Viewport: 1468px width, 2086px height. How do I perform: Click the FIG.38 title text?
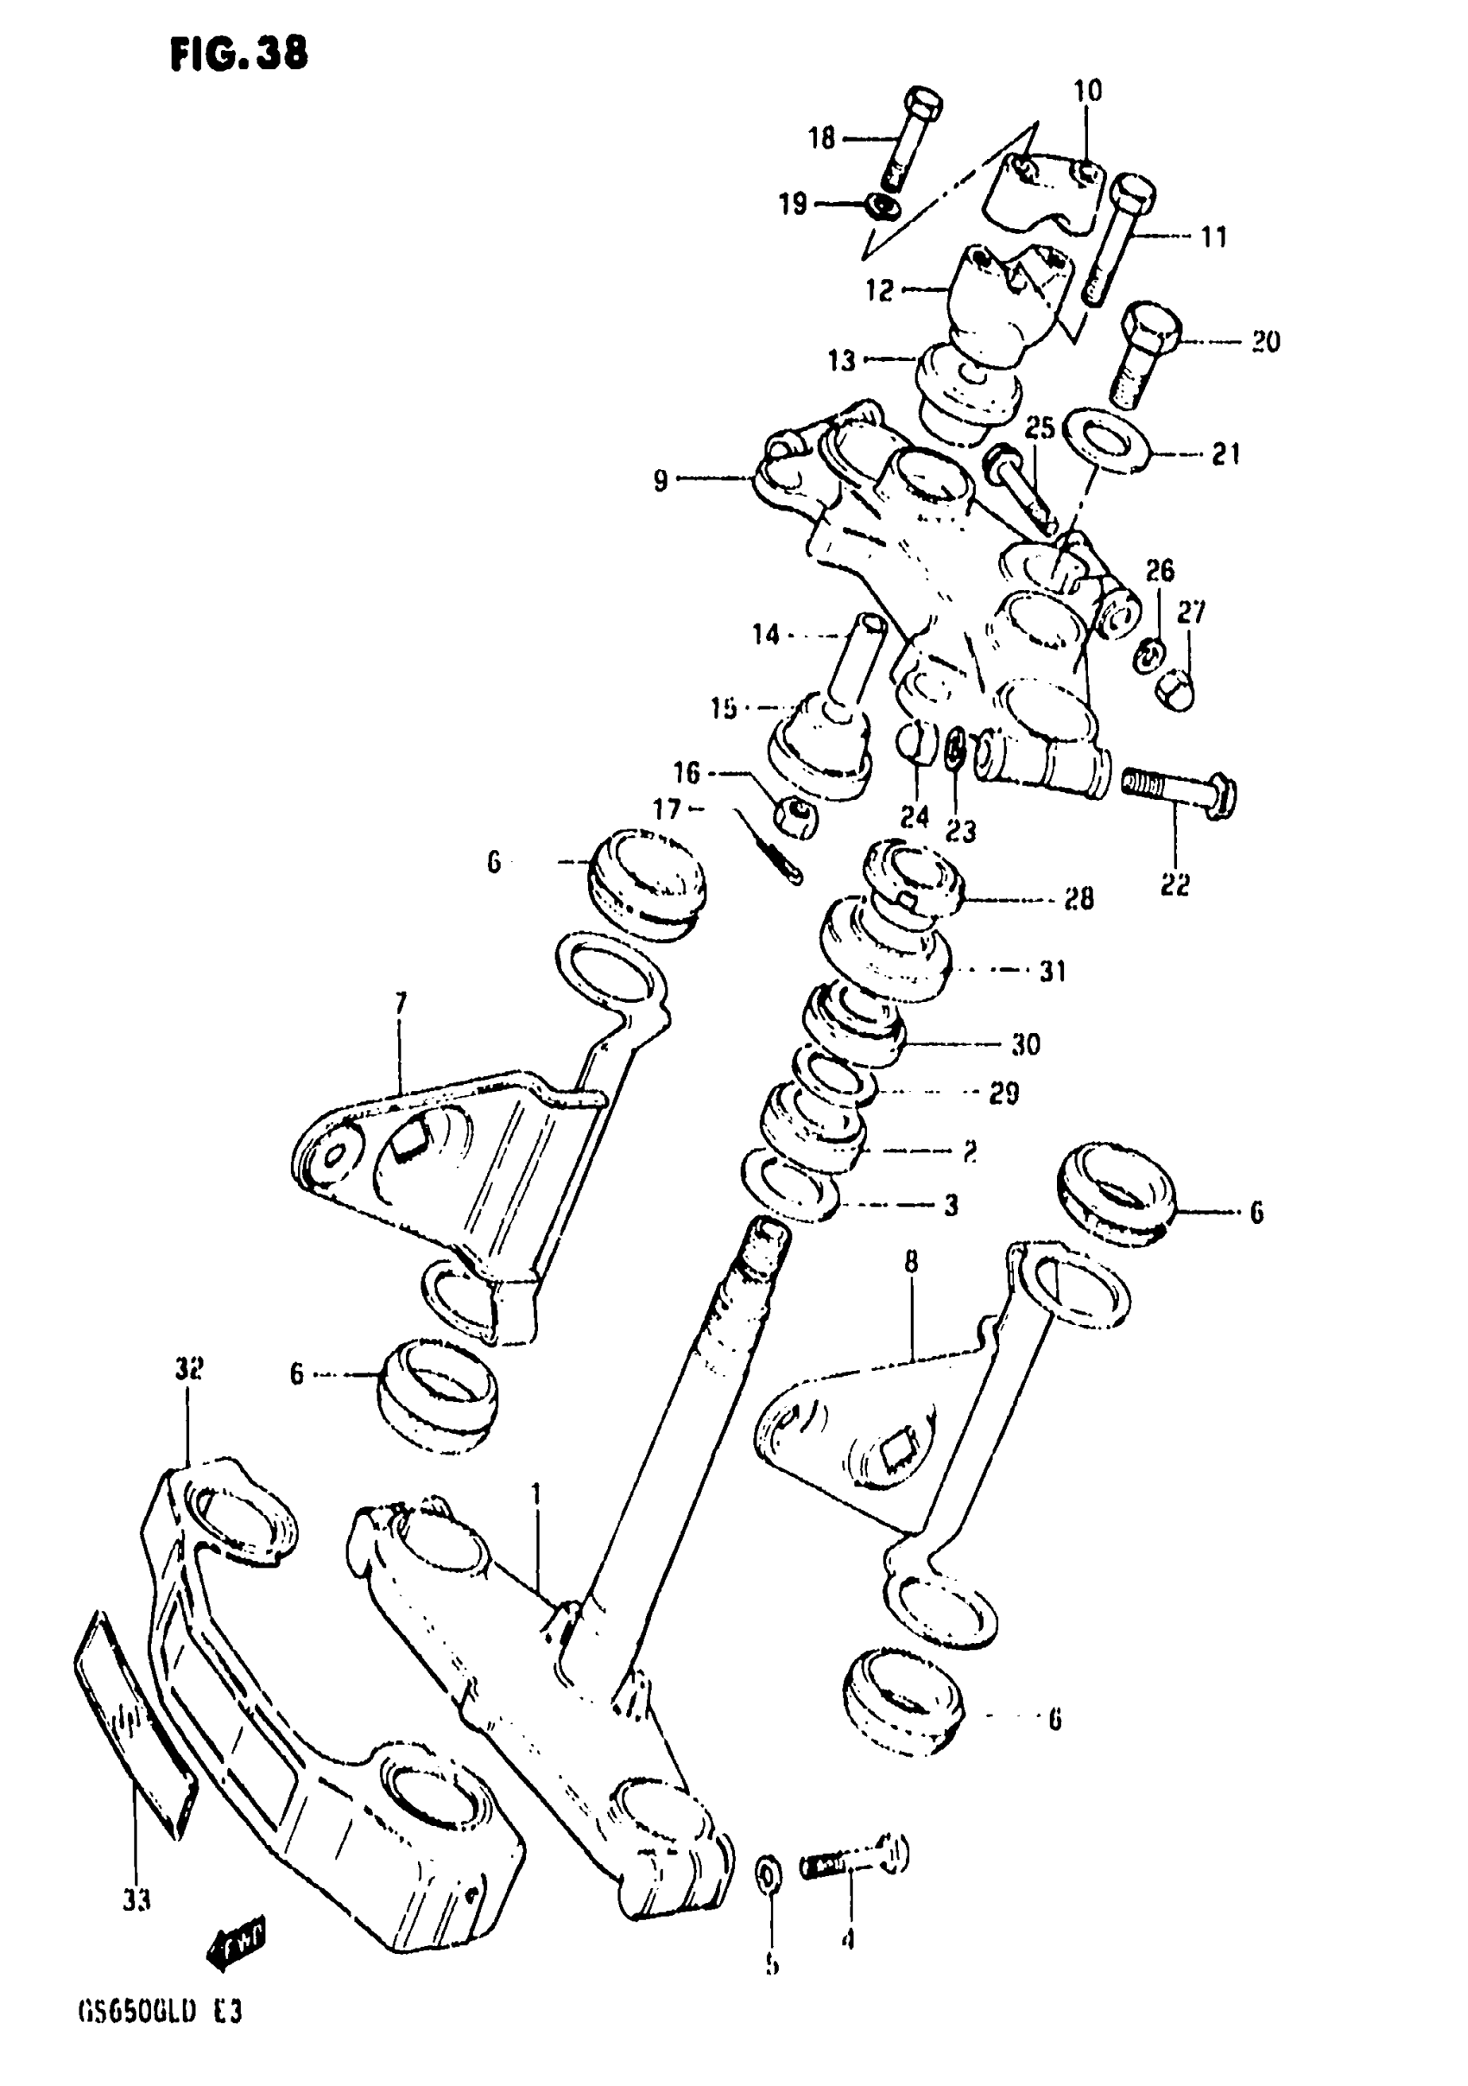pyautogui.click(x=239, y=54)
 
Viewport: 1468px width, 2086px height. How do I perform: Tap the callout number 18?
pyautogui.click(x=821, y=138)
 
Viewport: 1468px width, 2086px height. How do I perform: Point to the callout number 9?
pyautogui.click(x=661, y=480)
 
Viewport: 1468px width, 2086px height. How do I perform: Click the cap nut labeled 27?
pyautogui.click(x=1174, y=692)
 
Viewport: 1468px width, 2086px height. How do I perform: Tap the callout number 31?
pyautogui.click(x=1052, y=971)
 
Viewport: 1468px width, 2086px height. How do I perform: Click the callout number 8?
pyautogui.click(x=911, y=1262)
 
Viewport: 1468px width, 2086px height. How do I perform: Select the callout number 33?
pyautogui.click(x=136, y=1900)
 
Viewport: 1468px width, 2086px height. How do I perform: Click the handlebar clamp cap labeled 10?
pyautogui.click(x=1045, y=192)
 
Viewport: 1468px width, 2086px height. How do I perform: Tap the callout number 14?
pyautogui.click(x=765, y=634)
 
